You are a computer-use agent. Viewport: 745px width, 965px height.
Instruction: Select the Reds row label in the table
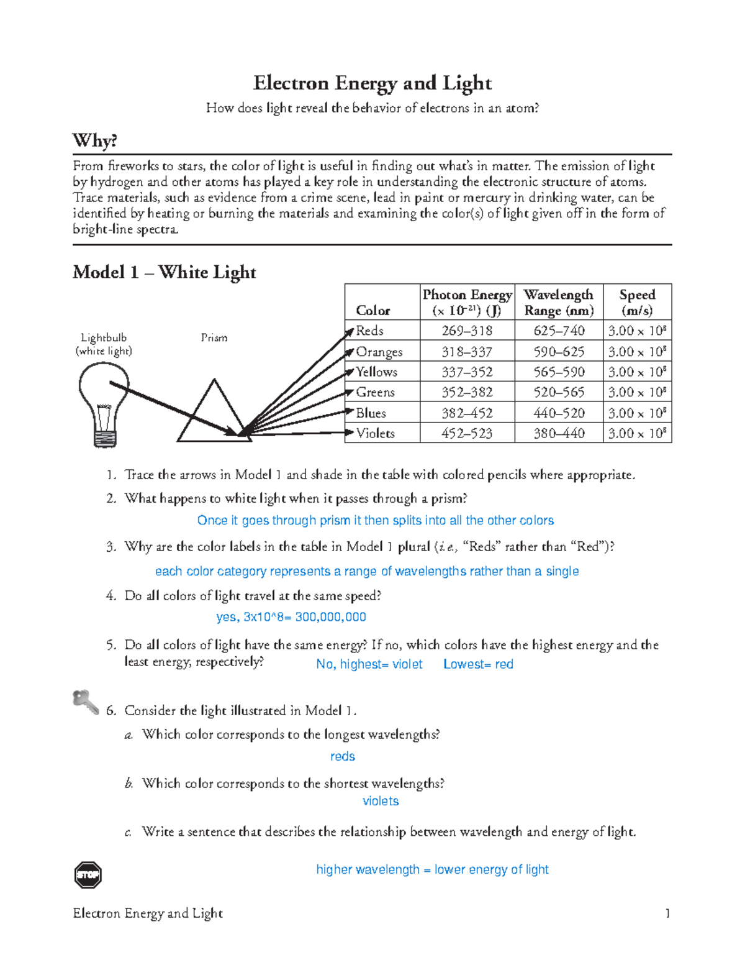click(x=370, y=331)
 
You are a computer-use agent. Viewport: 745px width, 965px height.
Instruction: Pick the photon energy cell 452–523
click(x=467, y=433)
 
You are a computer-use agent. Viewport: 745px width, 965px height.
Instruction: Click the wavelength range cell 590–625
click(x=559, y=352)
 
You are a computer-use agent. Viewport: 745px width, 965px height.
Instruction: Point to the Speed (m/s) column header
click(x=637, y=303)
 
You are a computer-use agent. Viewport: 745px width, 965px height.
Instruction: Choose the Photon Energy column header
click(x=467, y=303)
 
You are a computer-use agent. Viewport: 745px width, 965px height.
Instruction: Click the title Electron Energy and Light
click(x=372, y=83)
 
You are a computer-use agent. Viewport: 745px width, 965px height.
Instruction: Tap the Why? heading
click(x=94, y=140)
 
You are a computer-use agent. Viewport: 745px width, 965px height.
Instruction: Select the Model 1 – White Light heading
click(x=164, y=272)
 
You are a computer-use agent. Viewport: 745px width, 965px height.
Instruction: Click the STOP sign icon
click(x=88, y=875)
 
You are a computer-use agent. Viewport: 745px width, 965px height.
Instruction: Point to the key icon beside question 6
click(x=85, y=702)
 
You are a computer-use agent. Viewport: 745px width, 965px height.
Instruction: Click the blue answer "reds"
click(x=343, y=756)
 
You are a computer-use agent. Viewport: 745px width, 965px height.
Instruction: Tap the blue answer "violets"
click(x=381, y=801)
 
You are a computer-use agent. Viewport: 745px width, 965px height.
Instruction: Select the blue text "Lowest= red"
click(x=478, y=664)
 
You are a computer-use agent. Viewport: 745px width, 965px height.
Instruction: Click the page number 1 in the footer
click(x=667, y=913)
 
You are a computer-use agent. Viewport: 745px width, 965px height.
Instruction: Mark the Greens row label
click(x=375, y=392)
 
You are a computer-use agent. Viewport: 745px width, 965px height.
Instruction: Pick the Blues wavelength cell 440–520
click(x=559, y=413)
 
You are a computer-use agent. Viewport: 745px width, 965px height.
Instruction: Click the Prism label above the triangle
click(x=214, y=337)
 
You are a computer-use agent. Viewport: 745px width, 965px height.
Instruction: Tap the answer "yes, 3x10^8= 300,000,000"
click(x=291, y=617)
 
